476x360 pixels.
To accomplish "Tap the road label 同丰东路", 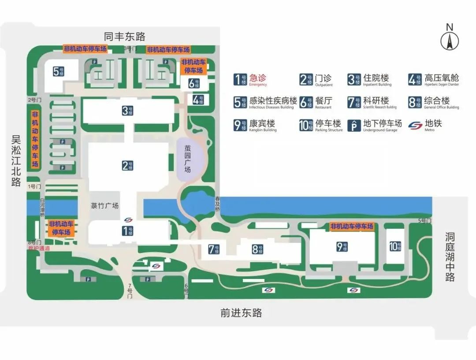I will [125, 37].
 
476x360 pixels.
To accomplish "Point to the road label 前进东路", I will [241, 313].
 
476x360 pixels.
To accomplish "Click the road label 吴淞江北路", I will [16, 161].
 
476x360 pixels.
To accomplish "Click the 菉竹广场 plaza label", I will [105, 205].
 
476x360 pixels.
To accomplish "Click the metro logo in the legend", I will [415, 125].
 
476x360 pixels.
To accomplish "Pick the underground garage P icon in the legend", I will [354, 125].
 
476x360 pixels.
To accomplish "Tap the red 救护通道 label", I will [39, 249].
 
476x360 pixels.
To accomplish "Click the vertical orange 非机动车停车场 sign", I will [35, 139].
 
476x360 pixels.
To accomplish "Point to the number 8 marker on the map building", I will [258, 249].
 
